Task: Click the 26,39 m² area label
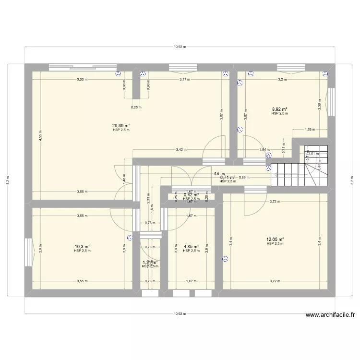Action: click(x=121, y=126)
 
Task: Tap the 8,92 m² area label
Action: click(x=279, y=109)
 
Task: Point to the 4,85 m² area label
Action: click(x=191, y=246)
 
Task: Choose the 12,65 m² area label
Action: click(x=275, y=240)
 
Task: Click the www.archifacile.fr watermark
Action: click(x=330, y=315)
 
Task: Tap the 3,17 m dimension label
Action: click(x=184, y=80)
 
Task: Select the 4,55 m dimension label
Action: click(x=41, y=135)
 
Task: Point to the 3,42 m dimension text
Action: click(x=181, y=150)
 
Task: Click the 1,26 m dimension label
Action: click(x=310, y=129)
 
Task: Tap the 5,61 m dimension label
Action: click(x=219, y=174)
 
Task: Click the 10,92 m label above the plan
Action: click(x=180, y=47)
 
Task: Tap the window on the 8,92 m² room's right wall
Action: click(x=330, y=102)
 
